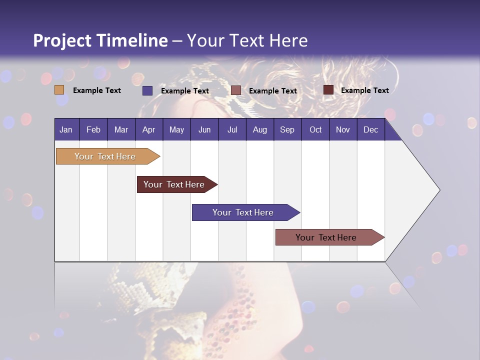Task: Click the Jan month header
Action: click(x=66, y=130)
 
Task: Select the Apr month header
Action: click(x=148, y=130)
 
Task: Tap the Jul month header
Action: click(x=232, y=130)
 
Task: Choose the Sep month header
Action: click(x=287, y=130)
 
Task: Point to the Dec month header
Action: click(x=370, y=130)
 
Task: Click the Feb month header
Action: click(x=93, y=130)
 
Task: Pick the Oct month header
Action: click(x=315, y=130)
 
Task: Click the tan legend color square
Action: click(x=59, y=90)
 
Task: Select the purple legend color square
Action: click(x=147, y=90)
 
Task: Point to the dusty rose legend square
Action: click(x=236, y=90)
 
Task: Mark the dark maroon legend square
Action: click(x=328, y=90)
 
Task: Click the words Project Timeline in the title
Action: click(x=100, y=40)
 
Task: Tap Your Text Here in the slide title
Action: click(x=247, y=40)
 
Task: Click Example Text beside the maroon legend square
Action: click(x=364, y=90)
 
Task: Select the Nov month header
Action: click(x=343, y=130)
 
